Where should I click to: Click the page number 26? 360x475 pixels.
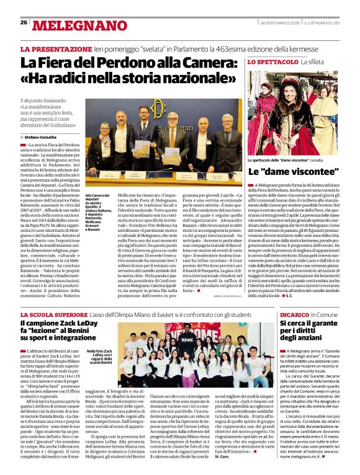tap(24, 22)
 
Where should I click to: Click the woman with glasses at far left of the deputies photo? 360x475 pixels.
tap(103, 133)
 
